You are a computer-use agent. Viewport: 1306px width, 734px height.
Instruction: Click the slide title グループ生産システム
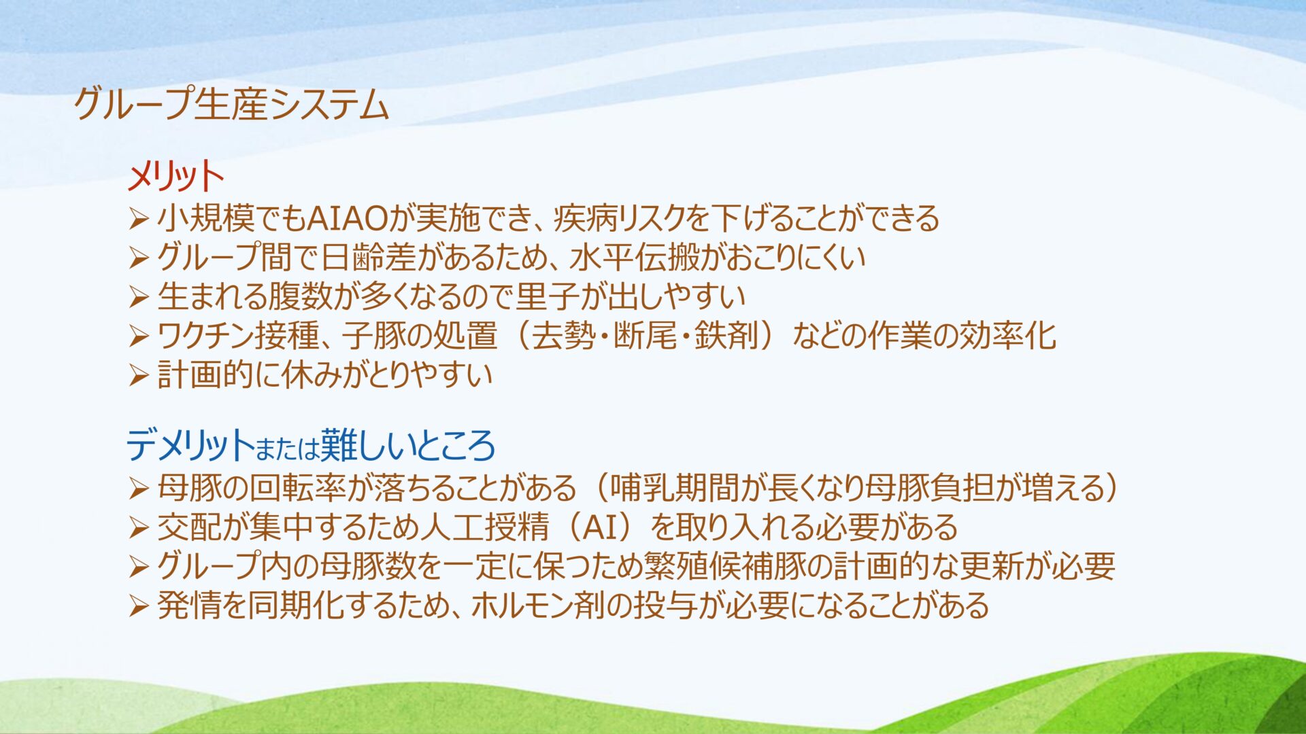pos(231,105)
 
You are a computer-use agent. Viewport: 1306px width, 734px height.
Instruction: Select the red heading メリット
pos(175,177)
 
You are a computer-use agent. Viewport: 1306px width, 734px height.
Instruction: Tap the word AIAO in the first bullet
pos(347,218)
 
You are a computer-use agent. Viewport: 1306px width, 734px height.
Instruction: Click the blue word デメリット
pos(190,446)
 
